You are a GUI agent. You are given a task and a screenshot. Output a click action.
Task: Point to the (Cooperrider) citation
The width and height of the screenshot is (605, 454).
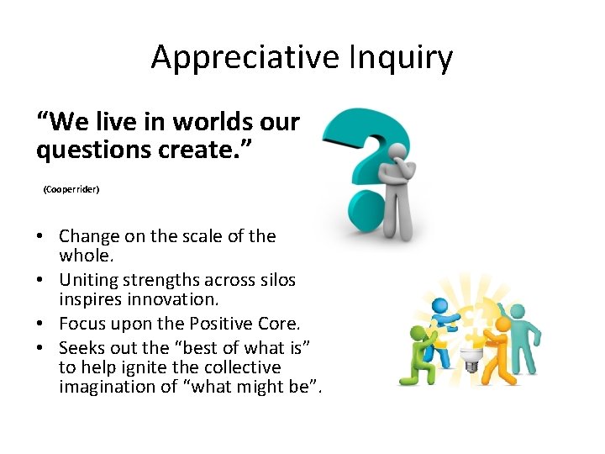click(x=71, y=190)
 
